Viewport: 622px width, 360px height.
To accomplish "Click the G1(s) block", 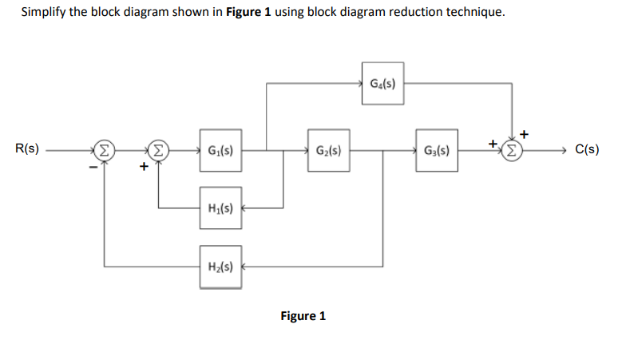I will click(220, 149).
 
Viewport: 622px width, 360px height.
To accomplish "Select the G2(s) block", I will click(328, 149).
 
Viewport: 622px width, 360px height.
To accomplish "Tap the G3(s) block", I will click(436, 149).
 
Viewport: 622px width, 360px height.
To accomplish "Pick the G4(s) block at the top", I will click(382, 82).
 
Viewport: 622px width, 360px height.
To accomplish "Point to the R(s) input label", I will click(29, 148).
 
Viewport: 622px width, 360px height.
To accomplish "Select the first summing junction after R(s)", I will click(105, 149).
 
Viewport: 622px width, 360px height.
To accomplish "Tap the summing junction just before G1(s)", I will click(159, 149).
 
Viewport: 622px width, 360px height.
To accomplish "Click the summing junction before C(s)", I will click(512, 149).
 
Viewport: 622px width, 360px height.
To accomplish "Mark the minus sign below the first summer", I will click(93, 166).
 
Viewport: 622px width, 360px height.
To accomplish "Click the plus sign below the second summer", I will click(144, 167).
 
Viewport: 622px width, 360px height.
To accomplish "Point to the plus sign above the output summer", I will click(524, 132).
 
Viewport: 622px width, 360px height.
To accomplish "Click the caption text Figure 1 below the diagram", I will click(303, 316).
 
